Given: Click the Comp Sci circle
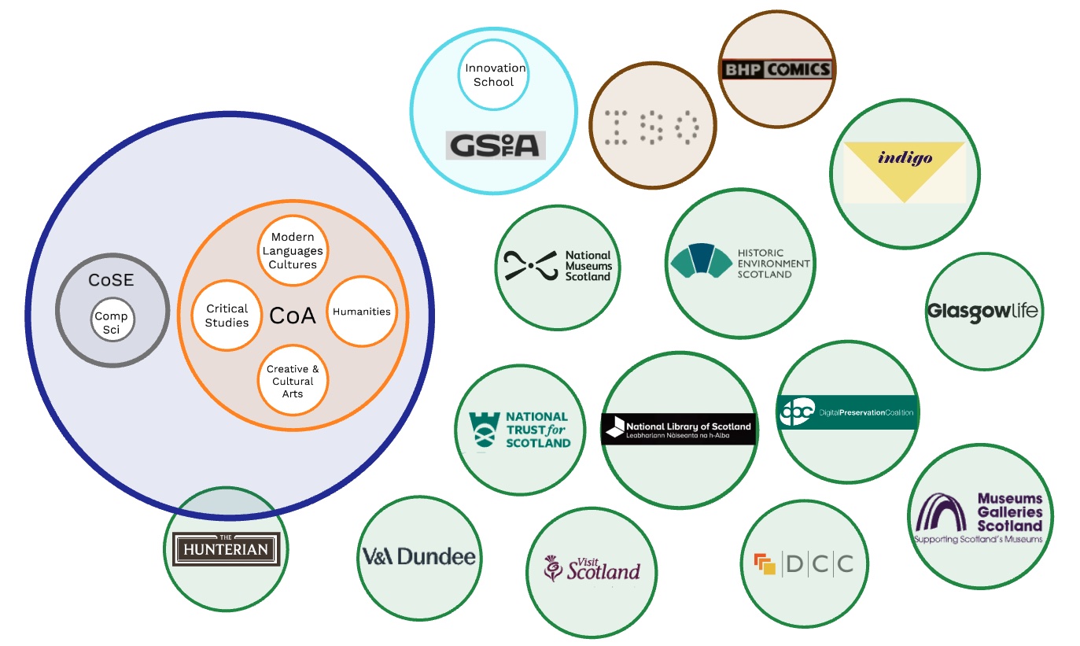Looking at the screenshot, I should pos(112,321).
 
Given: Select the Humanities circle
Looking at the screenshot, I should pos(361,311).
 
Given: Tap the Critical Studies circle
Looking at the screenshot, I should pos(227,315).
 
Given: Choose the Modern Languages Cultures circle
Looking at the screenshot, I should pos(293,250).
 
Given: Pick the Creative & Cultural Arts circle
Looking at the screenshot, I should pos(293,381).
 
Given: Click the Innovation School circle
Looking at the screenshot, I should pos(493,75).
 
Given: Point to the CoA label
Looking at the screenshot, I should pos(293,316).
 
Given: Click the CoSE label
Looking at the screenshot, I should pos(112,279).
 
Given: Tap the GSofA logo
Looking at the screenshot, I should pos(496,145).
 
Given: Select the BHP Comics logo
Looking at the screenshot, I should pos(776,69).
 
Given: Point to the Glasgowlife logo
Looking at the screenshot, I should pos(982,311).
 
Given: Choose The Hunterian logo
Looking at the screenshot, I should pos(227,548).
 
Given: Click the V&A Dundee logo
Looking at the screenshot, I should pos(418,557).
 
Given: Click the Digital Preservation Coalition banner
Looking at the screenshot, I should pos(846,412).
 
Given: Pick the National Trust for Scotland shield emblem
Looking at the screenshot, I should pos(484,430).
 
